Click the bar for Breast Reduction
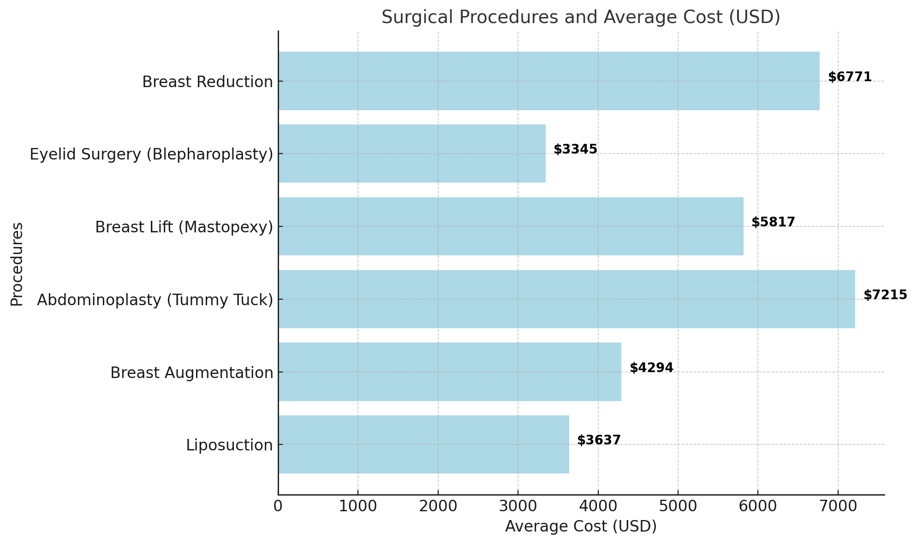click(x=548, y=81)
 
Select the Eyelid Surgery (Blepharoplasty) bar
click(x=411, y=154)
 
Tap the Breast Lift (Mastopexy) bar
click(x=511, y=226)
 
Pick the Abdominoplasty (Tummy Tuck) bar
click(x=566, y=299)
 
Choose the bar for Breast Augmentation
click(x=449, y=372)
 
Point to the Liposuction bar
click(x=423, y=444)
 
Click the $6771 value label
click(x=850, y=77)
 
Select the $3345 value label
click(x=575, y=149)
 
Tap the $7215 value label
click(x=885, y=295)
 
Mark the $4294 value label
click(x=651, y=368)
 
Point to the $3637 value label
click(x=599, y=440)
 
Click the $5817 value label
click(x=773, y=222)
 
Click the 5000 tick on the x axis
click(x=678, y=506)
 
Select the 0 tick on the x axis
click(x=278, y=506)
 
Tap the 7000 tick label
click(x=837, y=506)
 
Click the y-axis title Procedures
click(x=17, y=264)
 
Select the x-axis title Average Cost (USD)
click(x=581, y=526)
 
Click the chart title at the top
click(x=581, y=18)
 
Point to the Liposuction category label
click(x=229, y=445)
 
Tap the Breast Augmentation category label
click(x=191, y=373)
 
